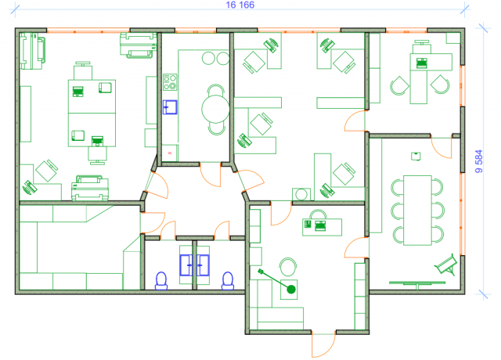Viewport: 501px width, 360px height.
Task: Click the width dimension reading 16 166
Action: [x=240, y=5]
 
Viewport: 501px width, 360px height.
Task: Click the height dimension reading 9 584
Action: [x=478, y=161]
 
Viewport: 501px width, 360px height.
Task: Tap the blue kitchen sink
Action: [x=170, y=107]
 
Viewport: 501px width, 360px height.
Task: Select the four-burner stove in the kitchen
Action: [x=170, y=82]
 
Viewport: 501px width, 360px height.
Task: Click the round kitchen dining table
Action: [x=216, y=109]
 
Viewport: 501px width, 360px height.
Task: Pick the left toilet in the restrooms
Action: [x=161, y=281]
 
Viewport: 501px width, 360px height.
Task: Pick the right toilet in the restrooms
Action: [x=228, y=281]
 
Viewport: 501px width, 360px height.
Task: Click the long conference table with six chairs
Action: [x=417, y=211]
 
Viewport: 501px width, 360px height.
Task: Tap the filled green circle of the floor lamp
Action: [x=291, y=290]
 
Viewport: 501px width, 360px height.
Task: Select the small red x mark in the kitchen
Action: [x=170, y=153]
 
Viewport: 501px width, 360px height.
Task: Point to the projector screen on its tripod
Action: [x=445, y=265]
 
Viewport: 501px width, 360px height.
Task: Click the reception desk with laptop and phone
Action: [x=322, y=227]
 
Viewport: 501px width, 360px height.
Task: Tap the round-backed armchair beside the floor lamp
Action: [x=288, y=267]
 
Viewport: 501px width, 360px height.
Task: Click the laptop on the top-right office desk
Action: [x=422, y=63]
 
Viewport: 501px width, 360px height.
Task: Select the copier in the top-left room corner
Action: [x=32, y=51]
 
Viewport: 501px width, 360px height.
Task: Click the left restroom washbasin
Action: [x=186, y=265]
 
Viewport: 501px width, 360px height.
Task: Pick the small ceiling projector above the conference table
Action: [x=416, y=157]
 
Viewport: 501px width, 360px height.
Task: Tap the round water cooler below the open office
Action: [x=301, y=194]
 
